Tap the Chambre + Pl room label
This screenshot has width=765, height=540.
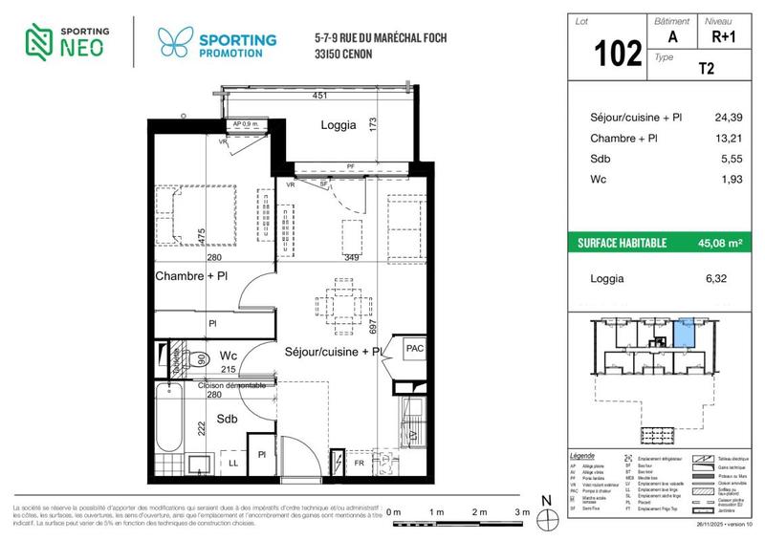pos(192,276)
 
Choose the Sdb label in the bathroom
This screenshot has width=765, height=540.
pos(227,420)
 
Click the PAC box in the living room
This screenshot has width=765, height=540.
pos(414,349)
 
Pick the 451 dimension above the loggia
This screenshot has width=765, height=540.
pos(323,95)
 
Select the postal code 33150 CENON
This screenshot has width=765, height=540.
pos(343,54)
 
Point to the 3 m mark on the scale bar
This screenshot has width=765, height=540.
pos(522,513)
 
